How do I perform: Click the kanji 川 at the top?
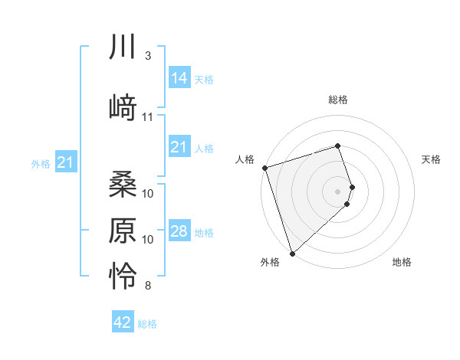coord(123,47)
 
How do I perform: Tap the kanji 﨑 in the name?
coord(123,107)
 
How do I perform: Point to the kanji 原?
coord(123,231)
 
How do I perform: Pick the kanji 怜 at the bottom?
coord(123,277)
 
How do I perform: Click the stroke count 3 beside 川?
coord(147,57)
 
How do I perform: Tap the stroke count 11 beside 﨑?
coord(148,117)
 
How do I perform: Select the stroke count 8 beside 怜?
coord(147,286)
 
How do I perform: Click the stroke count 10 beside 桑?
coord(148,194)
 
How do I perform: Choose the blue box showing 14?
coord(179,77)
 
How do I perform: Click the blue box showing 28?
coord(179,231)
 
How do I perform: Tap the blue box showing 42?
coord(123,322)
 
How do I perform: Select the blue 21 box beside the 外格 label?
coord(65,162)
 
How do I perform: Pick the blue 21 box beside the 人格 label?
coord(179,147)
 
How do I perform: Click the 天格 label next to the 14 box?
coord(204,79)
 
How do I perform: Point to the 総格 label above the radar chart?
coord(338,100)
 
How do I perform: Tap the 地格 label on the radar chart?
coord(402,262)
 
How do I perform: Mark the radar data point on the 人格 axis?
coord(264,168)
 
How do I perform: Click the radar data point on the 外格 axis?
coord(292,253)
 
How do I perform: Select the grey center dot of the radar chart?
coord(338,191)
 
